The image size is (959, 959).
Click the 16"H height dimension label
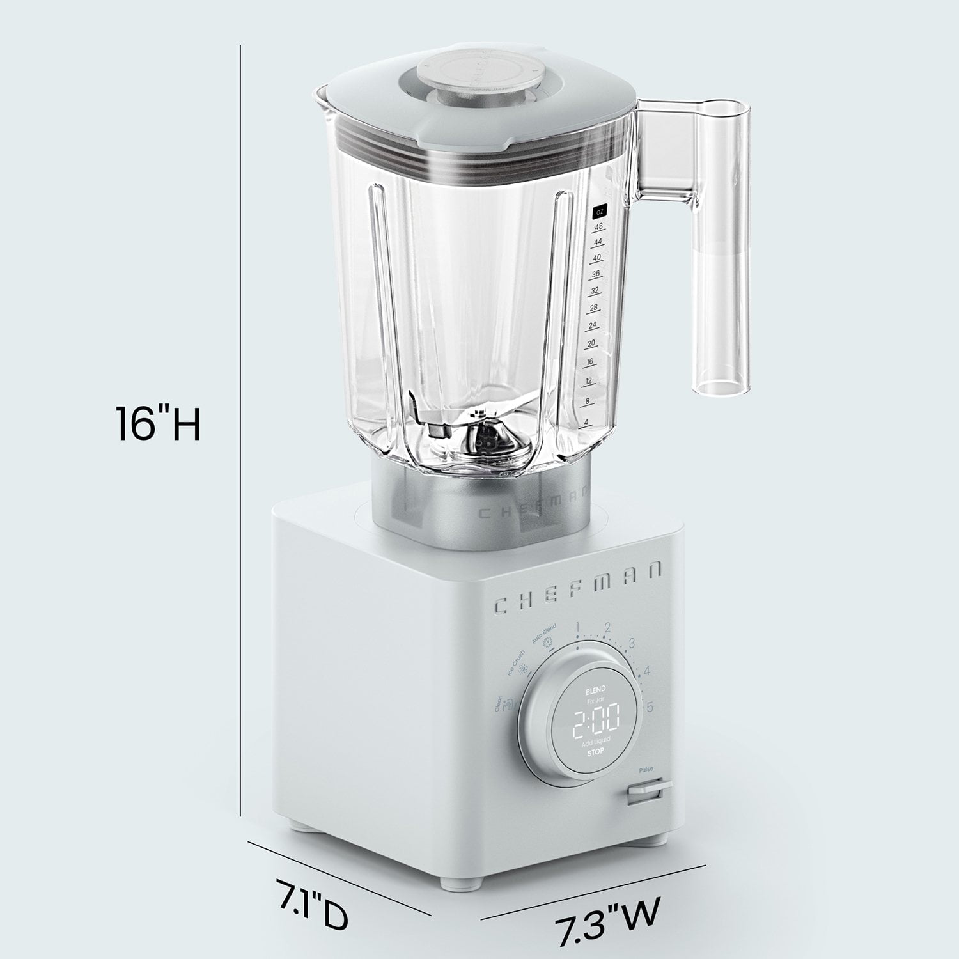click(x=158, y=423)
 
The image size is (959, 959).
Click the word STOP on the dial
click(x=595, y=754)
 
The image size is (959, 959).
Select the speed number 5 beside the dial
click(x=650, y=707)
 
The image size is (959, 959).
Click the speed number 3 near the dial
click(x=632, y=644)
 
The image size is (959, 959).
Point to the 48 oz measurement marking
click(x=598, y=227)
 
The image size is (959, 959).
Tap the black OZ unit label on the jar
click(x=599, y=210)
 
